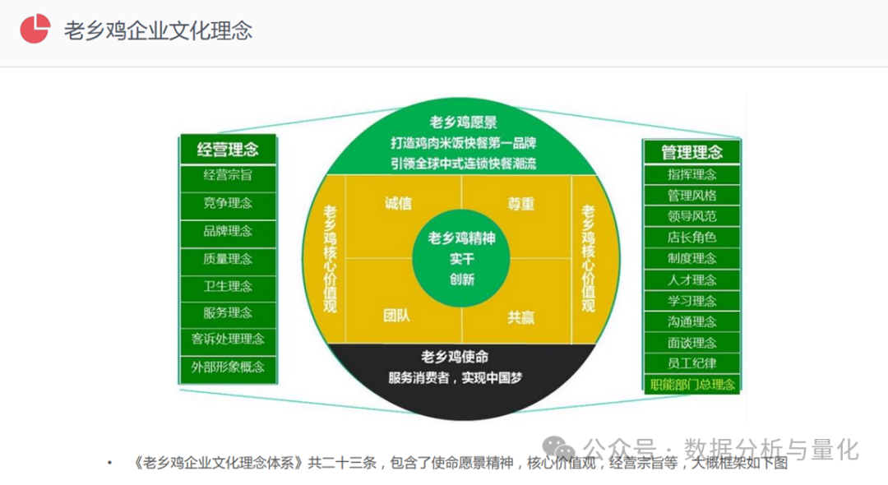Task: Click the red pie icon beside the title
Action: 35,29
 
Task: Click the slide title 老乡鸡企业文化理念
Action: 158,30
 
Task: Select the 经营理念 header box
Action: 228,150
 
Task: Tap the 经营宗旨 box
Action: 228,175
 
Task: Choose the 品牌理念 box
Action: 228,231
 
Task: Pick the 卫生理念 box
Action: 228,286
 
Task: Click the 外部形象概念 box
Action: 228,367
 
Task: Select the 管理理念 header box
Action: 691,151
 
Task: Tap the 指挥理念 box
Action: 691,174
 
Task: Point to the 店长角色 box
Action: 691,238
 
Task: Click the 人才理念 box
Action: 691,279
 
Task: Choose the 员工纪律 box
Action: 691,363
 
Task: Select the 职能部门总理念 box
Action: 691,384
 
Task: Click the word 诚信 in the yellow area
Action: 398,204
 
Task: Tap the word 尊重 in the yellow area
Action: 521,204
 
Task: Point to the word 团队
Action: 398,316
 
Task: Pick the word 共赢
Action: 521,316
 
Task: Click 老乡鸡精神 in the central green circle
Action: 461,238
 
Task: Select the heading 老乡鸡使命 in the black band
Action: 455,357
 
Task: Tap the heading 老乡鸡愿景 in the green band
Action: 463,124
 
